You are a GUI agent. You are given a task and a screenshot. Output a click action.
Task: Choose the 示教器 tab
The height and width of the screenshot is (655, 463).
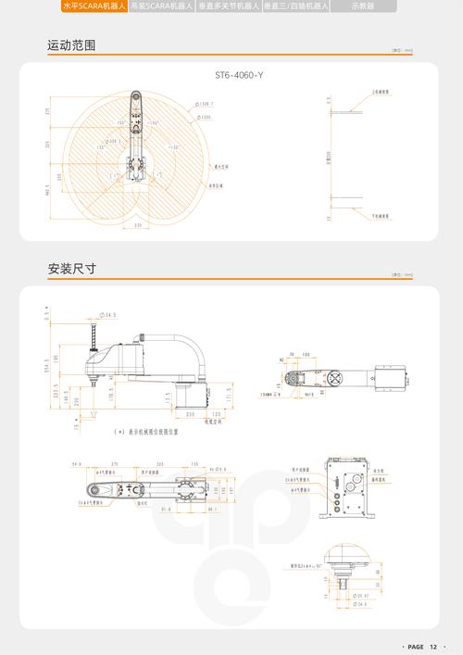point(362,6)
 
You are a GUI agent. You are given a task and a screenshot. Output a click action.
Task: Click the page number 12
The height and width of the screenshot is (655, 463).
point(432,646)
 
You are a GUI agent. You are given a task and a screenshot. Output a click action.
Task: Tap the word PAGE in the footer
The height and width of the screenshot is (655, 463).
point(415,646)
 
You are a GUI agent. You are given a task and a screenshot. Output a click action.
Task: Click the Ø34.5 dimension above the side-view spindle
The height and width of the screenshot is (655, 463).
point(107,315)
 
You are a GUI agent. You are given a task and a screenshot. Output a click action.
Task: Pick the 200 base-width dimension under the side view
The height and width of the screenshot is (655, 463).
point(190,414)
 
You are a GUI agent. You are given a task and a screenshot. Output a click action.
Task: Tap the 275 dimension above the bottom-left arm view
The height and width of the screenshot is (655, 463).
point(114,463)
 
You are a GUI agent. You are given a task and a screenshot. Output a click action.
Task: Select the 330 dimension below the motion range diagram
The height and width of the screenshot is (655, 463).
point(138,225)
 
